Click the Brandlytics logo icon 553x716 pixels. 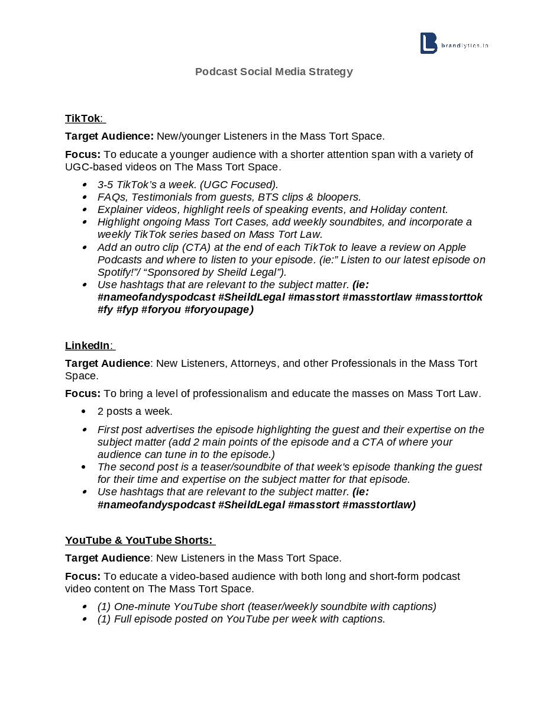(428, 43)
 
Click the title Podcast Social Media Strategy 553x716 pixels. (274, 72)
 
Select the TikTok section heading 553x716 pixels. (83, 118)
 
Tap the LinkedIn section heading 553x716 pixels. (88, 346)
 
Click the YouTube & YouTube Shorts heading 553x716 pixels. (139, 540)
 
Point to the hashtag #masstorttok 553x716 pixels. (449, 297)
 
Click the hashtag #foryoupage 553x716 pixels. (219, 309)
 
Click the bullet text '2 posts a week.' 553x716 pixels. (135, 411)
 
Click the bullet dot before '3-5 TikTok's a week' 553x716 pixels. (85, 185)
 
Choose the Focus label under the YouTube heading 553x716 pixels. (82, 576)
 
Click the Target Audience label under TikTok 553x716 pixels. (109, 136)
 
